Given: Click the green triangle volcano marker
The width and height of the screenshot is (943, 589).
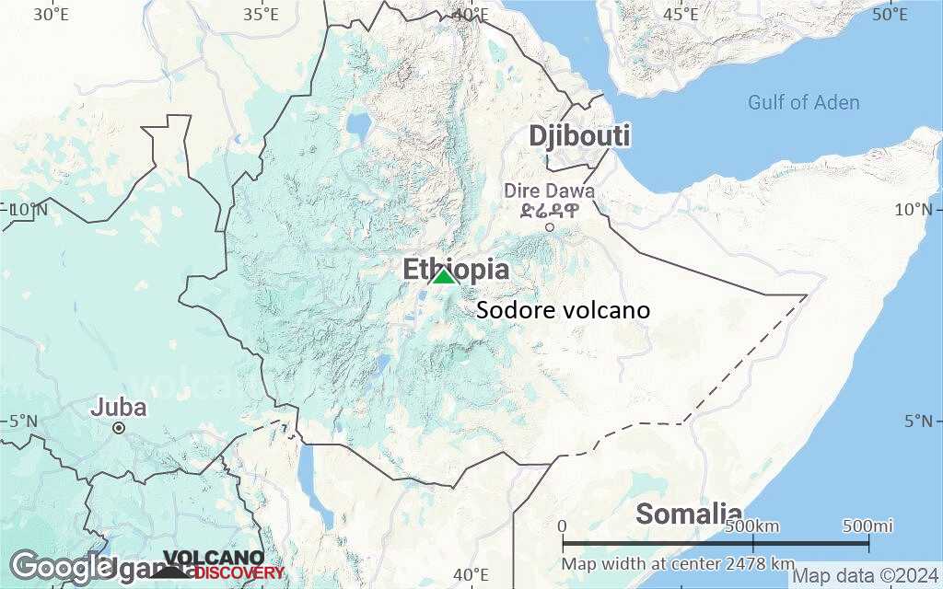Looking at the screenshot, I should click(444, 276).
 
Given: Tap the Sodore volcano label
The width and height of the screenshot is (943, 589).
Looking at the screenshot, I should click(563, 311).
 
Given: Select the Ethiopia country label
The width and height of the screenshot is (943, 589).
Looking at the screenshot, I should click(456, 270).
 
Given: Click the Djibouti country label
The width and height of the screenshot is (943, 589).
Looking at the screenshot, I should click(579, 136).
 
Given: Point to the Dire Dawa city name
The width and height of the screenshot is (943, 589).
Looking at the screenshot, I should click(549, 191).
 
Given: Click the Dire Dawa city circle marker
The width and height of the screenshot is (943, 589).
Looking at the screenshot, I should click(550, 227).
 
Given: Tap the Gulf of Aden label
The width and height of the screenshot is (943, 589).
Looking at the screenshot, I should click(803, 102).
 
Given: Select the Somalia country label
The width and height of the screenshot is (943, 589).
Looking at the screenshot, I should click(689, 514).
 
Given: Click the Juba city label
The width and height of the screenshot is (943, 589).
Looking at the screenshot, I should click(118, 407).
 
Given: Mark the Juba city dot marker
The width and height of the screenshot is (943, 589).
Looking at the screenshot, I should click(119, 428).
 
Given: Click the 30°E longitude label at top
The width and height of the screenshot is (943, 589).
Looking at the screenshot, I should click(50, 14).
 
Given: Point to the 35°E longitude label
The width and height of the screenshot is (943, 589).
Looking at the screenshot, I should click(262, 14).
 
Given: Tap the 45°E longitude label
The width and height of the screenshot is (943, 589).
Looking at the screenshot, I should click(681, 14).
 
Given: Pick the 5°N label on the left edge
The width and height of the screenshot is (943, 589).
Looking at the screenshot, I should click(23, 422).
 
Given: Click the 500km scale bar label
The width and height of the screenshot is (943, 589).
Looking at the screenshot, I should click(752, 525).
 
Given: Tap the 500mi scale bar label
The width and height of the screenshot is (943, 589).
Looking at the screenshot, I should click(867, 525).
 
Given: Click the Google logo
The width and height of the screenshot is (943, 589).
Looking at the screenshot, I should click(61, 565).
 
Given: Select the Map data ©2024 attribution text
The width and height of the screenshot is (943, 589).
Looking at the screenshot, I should click(866, 576).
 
